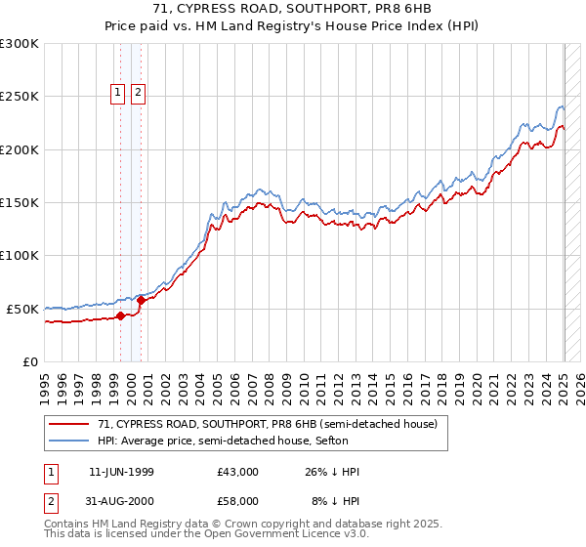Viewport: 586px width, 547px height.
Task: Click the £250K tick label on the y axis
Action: point(19,97)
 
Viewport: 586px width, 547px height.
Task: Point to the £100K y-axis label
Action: point(19,255)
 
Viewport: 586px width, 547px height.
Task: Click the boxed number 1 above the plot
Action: point(117,93)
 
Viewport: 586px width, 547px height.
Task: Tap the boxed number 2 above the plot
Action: point(138,93)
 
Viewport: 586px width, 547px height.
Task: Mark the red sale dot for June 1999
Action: point(121,316)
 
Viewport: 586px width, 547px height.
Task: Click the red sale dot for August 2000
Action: point(142,300)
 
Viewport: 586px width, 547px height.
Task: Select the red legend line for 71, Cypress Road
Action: point(69,425)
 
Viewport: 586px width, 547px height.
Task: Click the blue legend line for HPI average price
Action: point(69,441)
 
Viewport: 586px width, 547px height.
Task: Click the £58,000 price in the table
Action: point(238,503)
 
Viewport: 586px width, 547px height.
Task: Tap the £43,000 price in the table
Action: point(238,472)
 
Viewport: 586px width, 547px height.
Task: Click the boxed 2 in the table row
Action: point(49,503)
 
